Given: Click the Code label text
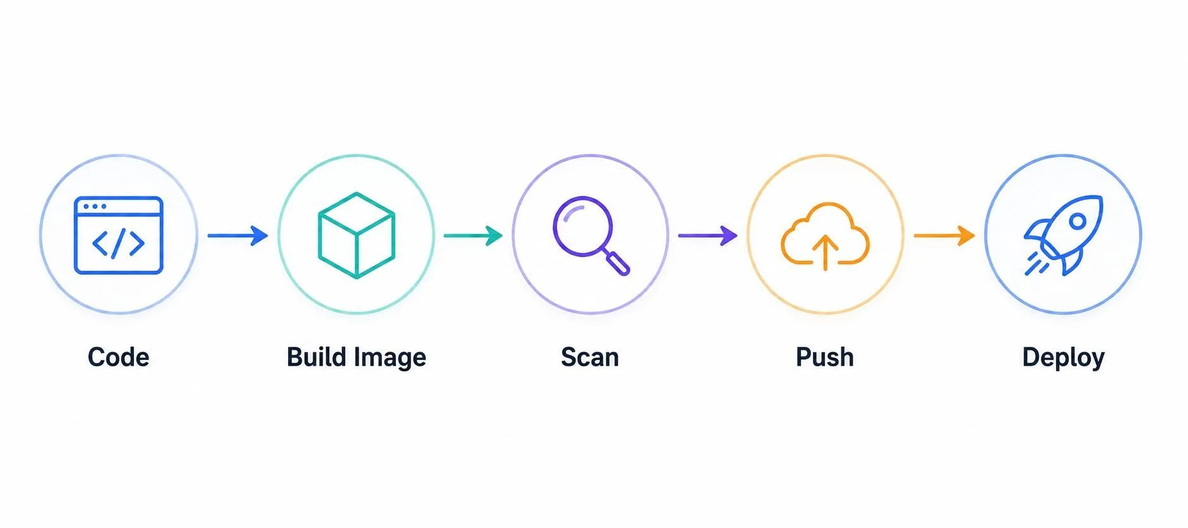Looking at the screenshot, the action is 118,357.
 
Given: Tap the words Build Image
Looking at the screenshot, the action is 356,357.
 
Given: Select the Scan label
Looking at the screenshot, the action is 590,357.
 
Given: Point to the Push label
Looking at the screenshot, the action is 825,357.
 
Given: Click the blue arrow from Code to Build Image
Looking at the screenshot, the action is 237,236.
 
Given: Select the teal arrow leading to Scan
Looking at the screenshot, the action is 473,236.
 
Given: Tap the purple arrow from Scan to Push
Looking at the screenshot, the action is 708,236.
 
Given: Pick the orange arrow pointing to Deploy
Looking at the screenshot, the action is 944,236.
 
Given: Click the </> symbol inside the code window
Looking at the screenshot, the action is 118,243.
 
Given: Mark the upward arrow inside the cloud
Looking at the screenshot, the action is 825,253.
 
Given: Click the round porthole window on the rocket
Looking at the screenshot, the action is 1077,221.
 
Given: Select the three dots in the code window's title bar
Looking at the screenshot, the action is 95,207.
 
